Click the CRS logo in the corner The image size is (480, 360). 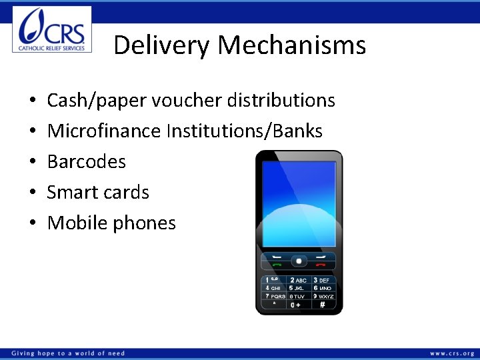tap(52, 29)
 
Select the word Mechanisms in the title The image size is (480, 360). tap(292, 45)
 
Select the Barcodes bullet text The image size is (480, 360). tap(87, 162)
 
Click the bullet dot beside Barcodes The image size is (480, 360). tap(33, 162)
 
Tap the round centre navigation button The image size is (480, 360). tap(299, 260)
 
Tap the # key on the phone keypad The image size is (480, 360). tap(323, 305)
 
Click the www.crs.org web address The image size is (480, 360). tap(452, 353)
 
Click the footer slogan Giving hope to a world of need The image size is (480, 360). tap(68, 353)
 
